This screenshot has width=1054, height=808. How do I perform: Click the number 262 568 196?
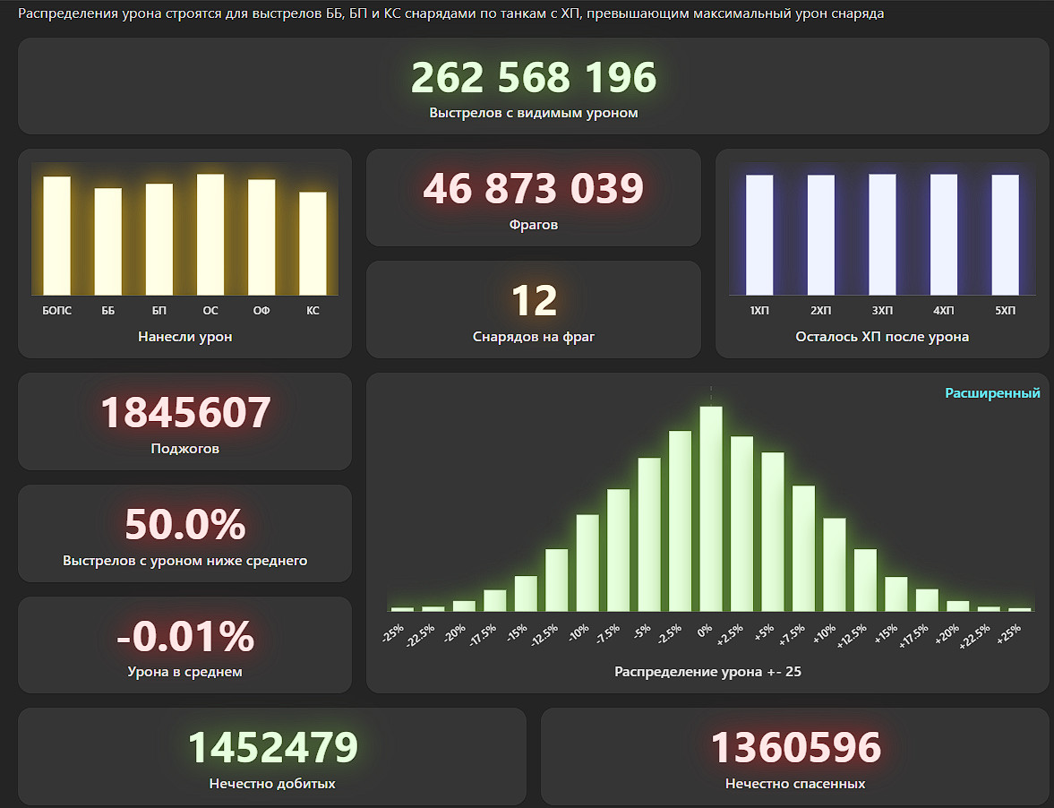click(x=533, y=78)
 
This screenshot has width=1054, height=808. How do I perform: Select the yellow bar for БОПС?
click(x=56, y=236)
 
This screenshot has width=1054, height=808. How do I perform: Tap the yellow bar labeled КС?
click(x=313, y=243)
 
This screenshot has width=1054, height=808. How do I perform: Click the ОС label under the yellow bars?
click(x=210, y=311)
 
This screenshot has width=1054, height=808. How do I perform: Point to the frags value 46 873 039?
click(x=533, y=189)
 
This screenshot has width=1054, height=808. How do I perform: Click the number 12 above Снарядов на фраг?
click(x=533, y=302)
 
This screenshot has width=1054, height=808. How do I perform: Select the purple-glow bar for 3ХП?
click(x=882, y=234)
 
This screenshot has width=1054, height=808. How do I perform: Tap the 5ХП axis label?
click(x=1006, y=311)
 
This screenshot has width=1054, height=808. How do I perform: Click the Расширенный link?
click(x=992, y=393)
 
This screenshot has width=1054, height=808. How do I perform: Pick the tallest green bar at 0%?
click(x=711, y=509)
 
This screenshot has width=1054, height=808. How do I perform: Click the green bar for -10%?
click(x=587, y=563)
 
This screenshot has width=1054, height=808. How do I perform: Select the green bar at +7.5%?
click(x=803, y=548)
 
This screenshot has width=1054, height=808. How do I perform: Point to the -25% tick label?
click(x=393, y=633)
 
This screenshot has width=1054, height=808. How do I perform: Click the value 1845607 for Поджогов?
click(x=184, y=413)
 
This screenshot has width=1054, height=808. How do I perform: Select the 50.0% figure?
click(x=184, y=525)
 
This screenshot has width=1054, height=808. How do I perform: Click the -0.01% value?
click(x=184, y=637)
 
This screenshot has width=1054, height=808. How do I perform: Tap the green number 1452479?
click(x=272, y=748)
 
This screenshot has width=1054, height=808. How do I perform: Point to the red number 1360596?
click(x=795, y=748)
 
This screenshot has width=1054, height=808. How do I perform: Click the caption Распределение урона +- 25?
click(x=707, y=672)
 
